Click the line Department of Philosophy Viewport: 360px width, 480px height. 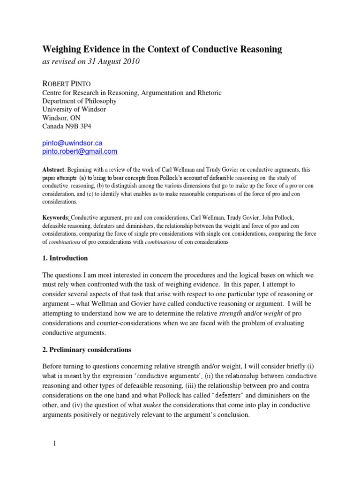click(x=80, y=101)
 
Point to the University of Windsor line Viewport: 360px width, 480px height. click(x=74, y=109)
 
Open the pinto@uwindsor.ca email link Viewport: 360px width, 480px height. click(x=73, y=142)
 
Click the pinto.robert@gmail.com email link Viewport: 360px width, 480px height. click(x=80, y=151)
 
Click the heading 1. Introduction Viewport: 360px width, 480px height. click(x=65, y=258)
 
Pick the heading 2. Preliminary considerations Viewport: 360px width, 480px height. click(x=87, y=350)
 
